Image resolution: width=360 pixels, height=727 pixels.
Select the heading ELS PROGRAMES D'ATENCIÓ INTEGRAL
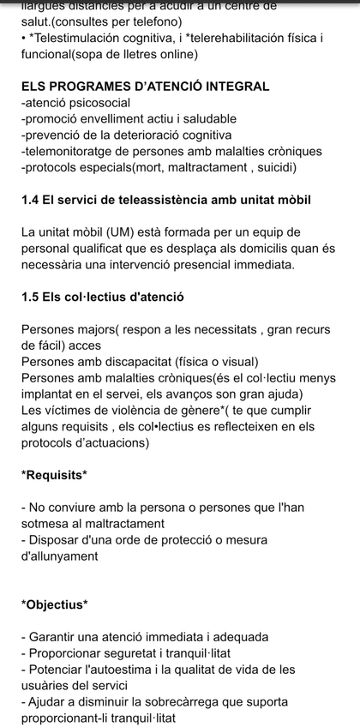click(146, 87)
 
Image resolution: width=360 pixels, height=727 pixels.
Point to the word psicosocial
click(94, 103)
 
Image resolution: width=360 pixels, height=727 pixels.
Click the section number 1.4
click(32, 200)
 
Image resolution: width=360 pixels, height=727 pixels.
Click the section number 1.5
click(32, 297)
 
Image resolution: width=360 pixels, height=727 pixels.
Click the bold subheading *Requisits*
click(54, 475)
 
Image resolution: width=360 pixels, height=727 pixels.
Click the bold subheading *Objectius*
click(55, 605)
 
